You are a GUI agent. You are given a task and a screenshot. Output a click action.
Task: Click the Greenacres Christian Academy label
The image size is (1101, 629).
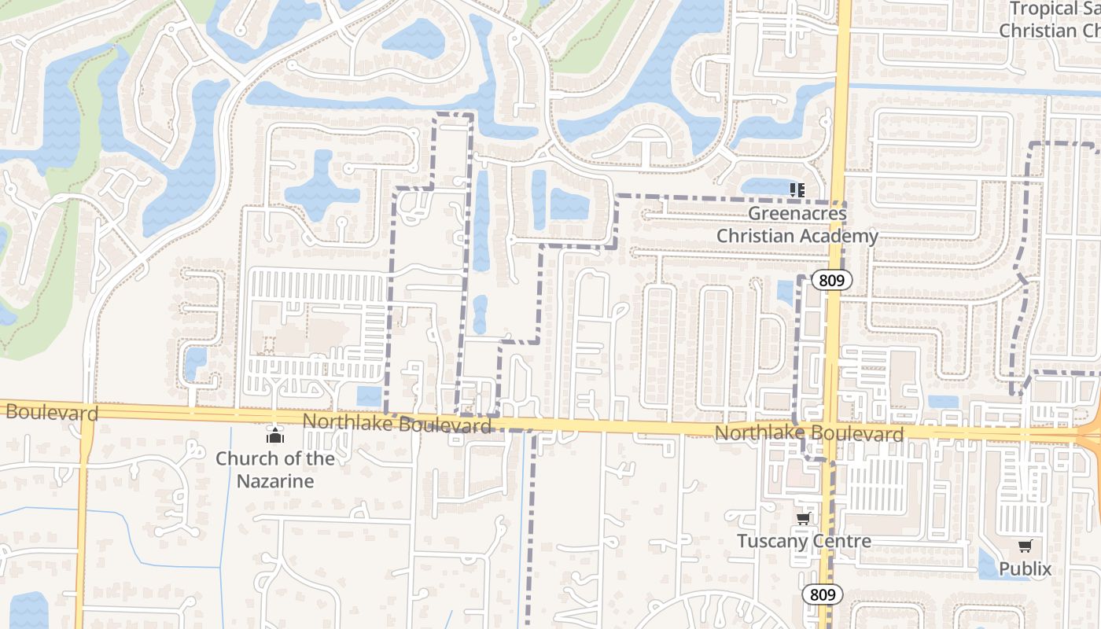[x=797, y=224]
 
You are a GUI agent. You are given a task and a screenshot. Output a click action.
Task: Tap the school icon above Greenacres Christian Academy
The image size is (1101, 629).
[x=798, y=189]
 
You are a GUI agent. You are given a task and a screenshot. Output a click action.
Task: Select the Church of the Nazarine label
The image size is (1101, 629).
[x=275, y=469]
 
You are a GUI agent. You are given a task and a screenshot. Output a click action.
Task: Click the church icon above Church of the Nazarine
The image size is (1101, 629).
[x=274, y=434]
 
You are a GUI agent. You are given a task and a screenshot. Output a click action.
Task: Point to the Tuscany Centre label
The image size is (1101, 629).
[x=804, y=541]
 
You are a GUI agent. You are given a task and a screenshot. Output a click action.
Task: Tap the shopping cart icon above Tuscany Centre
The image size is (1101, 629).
[x=803, y=518]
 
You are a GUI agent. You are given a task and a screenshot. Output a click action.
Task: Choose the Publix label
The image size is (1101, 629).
[x=1025, y=568]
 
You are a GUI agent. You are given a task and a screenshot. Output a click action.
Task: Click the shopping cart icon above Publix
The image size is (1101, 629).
[x=1025, y=546]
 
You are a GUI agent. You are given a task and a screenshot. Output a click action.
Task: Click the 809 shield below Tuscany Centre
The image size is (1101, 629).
[x=823, y=594]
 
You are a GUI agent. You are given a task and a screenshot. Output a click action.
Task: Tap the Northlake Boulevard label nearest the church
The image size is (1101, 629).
[x=397, y=423]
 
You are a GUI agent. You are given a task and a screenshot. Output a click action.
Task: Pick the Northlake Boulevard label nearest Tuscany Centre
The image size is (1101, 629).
[x=809, y=434]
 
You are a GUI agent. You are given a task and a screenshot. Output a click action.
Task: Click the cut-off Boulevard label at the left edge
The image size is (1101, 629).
[x=50, y=412]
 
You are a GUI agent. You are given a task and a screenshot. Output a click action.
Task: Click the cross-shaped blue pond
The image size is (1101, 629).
[x=322, y=189]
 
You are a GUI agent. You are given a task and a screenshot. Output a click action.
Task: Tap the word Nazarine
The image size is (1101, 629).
[x=275, y=480]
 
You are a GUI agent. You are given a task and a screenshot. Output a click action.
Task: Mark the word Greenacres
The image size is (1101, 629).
[x=797, y=213]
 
